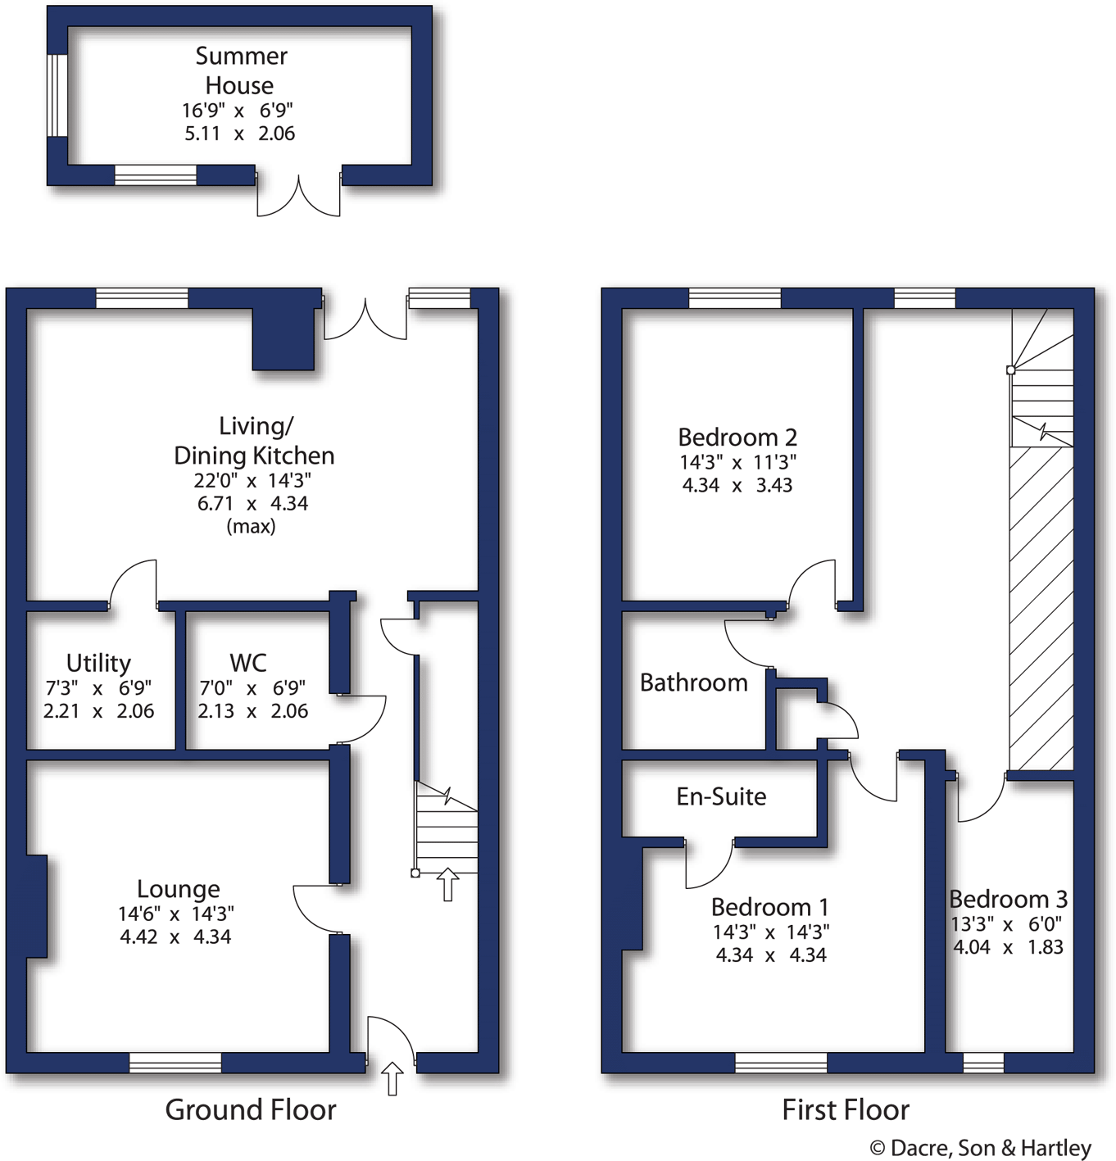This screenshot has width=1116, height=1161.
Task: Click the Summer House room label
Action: (240, 70)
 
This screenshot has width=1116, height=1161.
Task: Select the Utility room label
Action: (98, 662)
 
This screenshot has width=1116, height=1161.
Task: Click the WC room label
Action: (247, 662)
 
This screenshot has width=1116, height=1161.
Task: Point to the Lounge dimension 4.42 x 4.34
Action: (175, 937)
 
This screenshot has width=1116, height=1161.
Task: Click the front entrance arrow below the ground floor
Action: (392, 1078)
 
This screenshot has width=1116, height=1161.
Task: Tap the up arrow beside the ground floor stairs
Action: (447, 885)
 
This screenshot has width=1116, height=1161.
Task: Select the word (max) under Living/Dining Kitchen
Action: (251, 526)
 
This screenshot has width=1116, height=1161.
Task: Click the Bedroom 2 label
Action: (737, 437)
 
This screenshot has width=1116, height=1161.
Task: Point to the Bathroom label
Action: (693, 683)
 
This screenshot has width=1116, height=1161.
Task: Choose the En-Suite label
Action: (721, 796)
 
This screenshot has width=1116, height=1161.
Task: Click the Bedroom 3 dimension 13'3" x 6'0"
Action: (1006, 923)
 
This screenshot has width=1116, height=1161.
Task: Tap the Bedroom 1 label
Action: (769, 907)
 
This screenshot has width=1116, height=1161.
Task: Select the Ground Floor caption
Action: (250, 1109)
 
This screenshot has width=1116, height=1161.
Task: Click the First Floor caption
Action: (845, 1109)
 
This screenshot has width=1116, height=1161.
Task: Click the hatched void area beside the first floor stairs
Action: (1041, 606)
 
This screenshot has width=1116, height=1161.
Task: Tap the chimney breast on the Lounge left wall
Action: (36, 905)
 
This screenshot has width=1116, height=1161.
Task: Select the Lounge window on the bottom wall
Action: (175, 1063)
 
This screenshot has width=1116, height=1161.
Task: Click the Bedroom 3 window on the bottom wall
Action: (983, 1063)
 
